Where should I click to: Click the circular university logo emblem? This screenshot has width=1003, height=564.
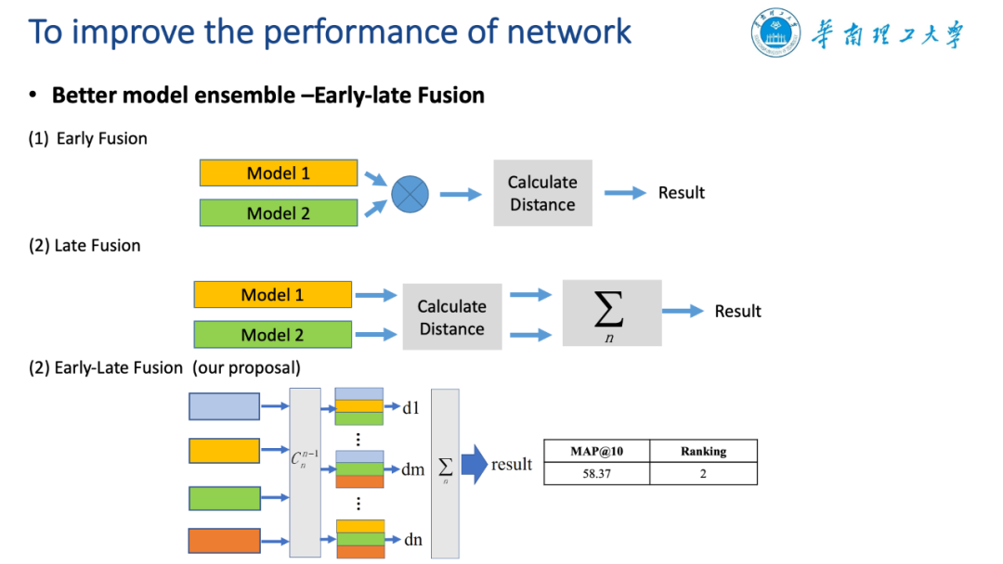(x=775, y=32)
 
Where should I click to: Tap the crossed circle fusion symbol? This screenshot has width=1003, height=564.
(x=410, y=194)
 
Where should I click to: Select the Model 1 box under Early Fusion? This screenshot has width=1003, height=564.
(x=279, y=173)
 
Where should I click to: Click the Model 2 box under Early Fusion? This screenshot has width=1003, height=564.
(x=279, y=212)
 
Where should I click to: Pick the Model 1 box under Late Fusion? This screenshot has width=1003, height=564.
(x=272, y=294)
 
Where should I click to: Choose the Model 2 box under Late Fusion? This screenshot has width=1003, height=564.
(x=272, y=335)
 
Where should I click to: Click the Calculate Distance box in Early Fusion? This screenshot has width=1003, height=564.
(x=542, y=193)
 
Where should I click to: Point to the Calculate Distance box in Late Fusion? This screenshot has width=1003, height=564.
(x=452, y=317)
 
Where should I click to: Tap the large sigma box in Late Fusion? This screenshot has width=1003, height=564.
(x=612, y=313)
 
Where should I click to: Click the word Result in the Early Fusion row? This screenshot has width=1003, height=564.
(x=682, y=193)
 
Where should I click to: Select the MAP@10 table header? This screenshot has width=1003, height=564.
(x=597, y=451)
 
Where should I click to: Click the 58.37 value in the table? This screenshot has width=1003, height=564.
(x=597, y=473)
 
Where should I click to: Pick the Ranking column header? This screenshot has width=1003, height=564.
(x=704, y=451)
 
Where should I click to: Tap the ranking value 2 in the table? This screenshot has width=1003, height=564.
(x=703, y=473)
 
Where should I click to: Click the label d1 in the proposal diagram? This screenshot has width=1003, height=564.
(x=410, y=407)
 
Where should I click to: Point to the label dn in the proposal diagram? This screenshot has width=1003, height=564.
(x=413, y=540)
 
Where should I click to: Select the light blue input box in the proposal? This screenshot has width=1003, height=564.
(x=224, y=406)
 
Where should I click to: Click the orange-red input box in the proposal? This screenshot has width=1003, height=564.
(x=224, y=541)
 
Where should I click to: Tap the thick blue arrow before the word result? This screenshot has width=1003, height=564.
(x=475, y=465)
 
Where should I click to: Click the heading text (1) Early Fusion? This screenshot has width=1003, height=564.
(x=87, y=138)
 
